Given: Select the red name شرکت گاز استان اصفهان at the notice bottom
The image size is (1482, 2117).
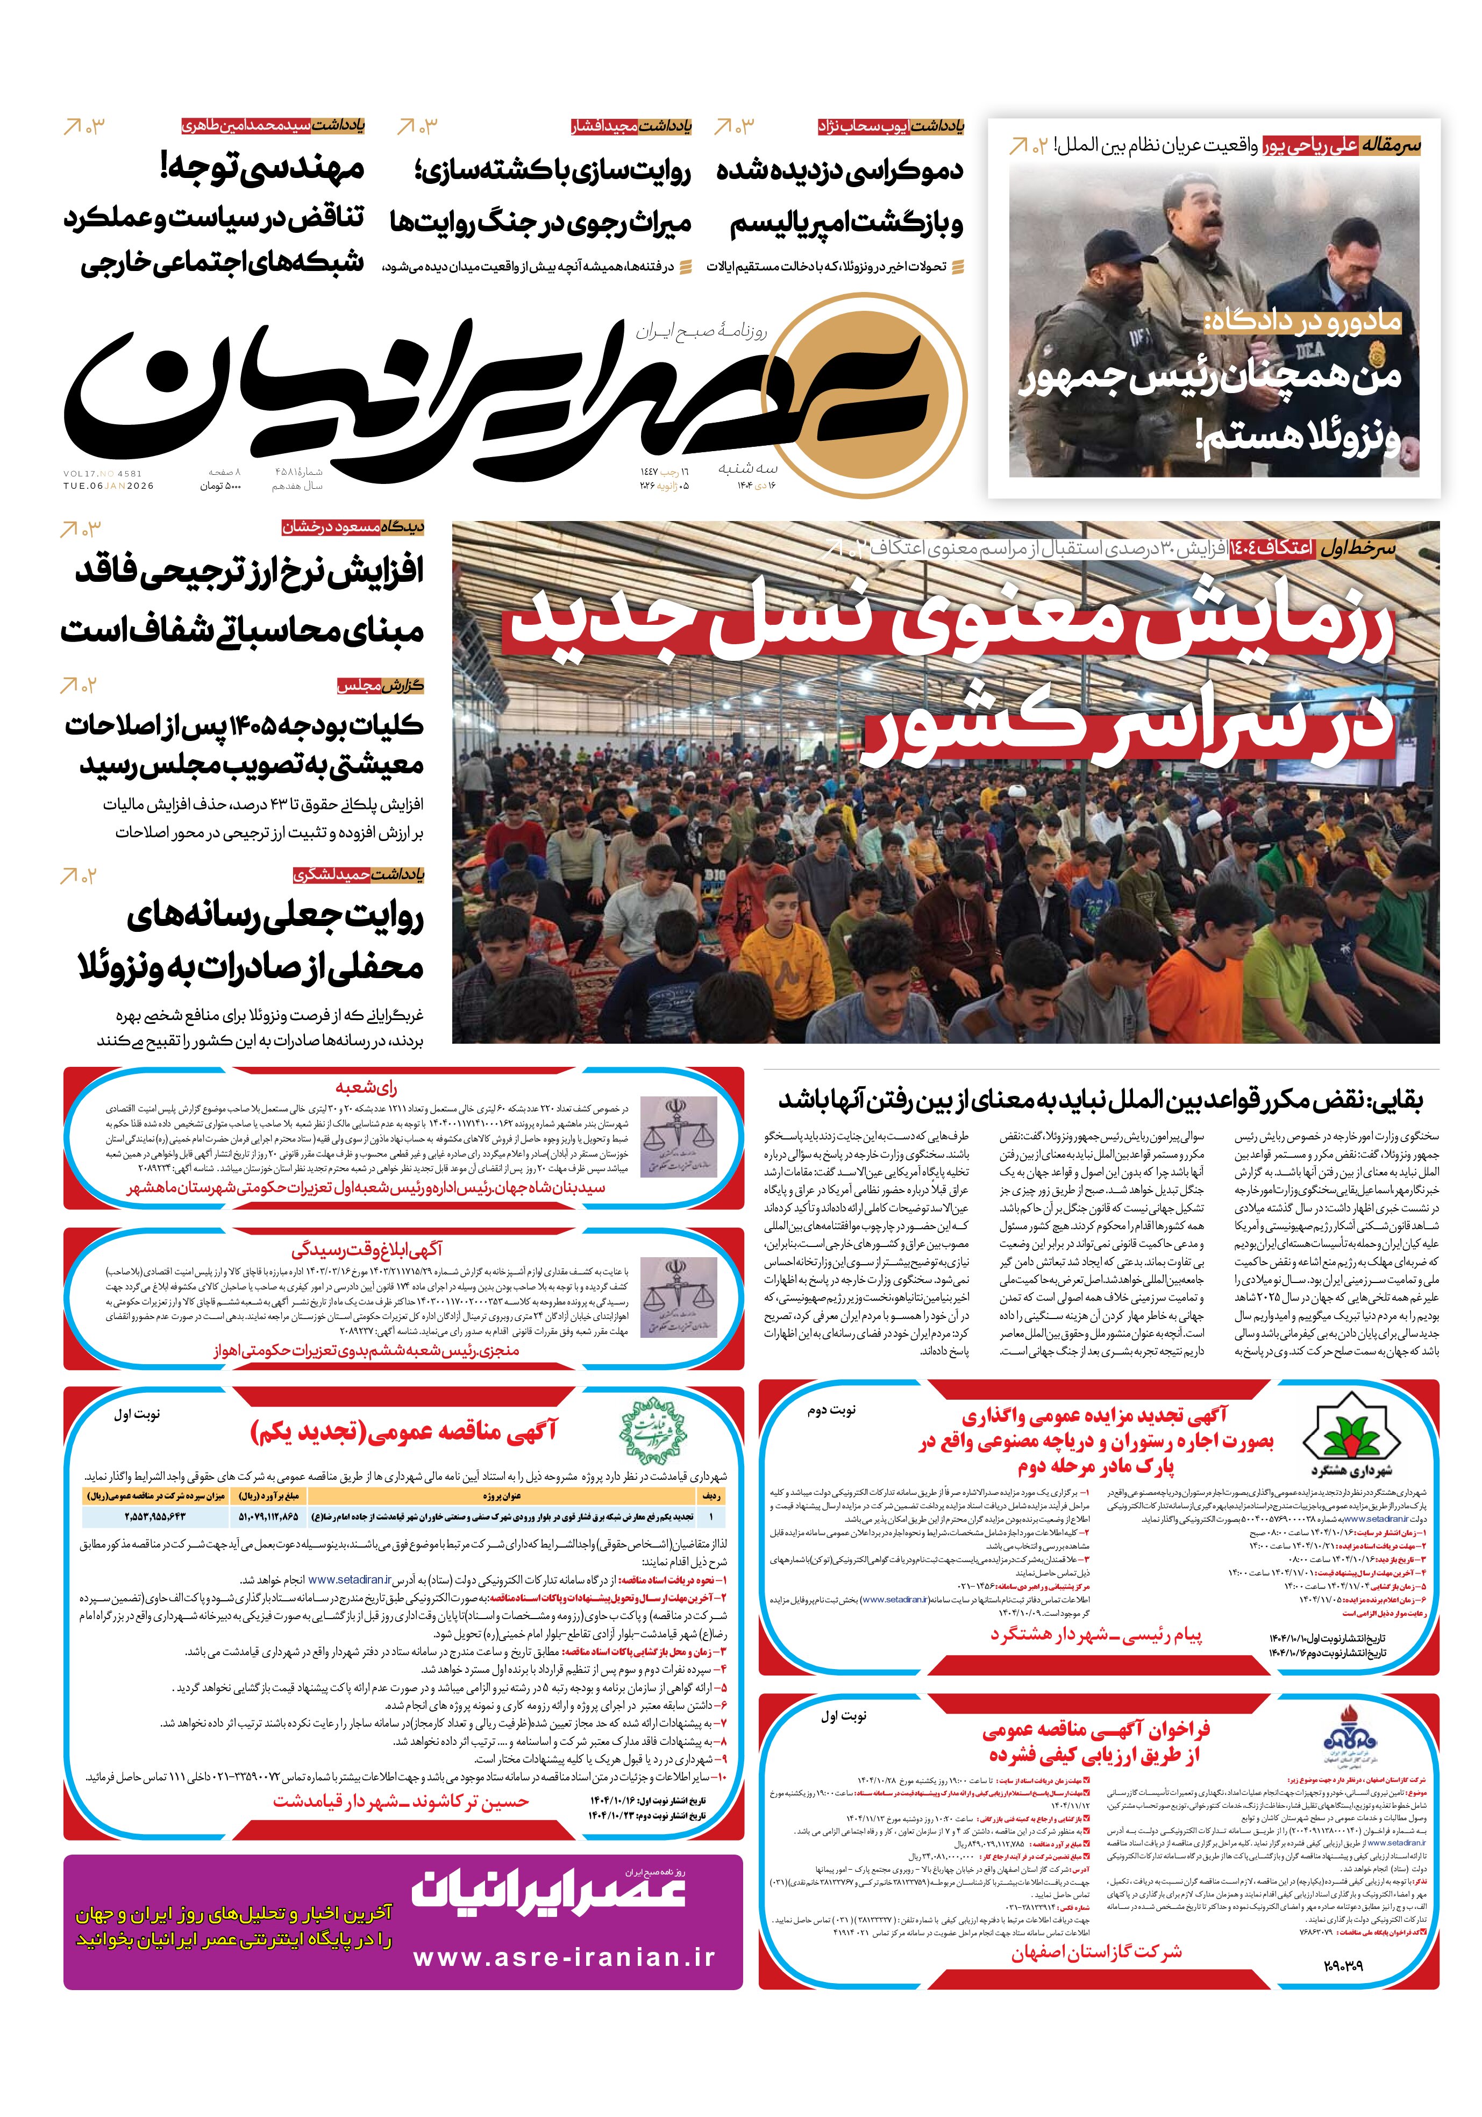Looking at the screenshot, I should [1095, 1952].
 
